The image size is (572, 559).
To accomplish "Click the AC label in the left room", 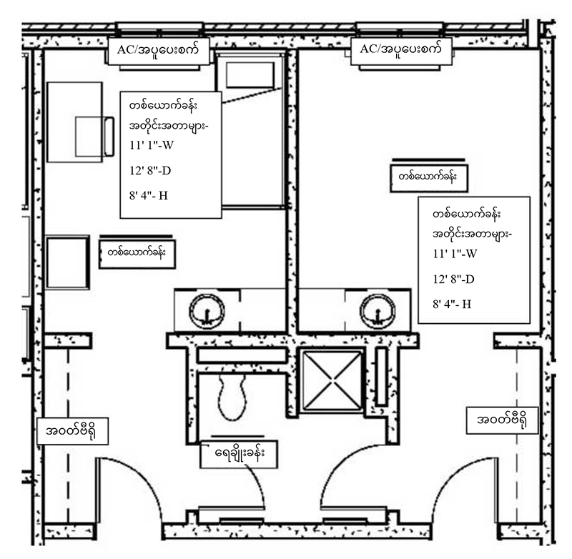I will click(158, 51).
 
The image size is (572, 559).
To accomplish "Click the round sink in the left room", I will click(207, 311).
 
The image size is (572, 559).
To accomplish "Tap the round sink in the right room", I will click(378, 311).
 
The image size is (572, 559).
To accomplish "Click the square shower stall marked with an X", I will click(332, 380).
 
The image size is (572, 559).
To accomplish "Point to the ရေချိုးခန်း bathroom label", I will click(238, 453).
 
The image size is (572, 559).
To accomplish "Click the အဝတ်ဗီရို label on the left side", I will click(72, 430).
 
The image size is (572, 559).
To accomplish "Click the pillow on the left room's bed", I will click(250, 75).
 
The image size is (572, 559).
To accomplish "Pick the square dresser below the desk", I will click(68, 262).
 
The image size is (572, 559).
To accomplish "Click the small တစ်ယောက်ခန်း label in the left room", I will click(137, 254).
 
